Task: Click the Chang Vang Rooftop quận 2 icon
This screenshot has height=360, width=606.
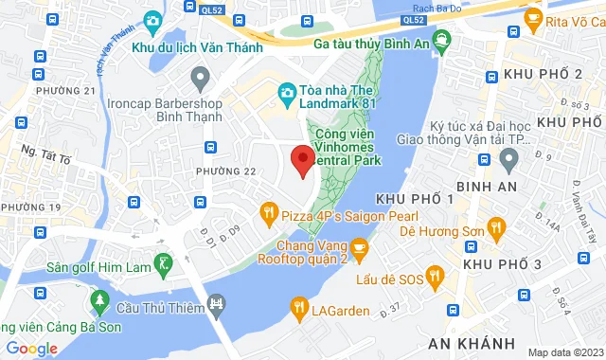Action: click(x=367, y=245)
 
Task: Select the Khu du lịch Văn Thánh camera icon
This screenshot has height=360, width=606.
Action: click(x=152, y=20)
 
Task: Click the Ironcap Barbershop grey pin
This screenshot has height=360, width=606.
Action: click(x=199, y=75)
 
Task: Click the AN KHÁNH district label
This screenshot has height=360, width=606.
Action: click(x=471, y=342)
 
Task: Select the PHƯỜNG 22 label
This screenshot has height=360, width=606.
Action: click(x=226, y=171)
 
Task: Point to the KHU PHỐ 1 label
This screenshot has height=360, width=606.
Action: click(x=415, y=198)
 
